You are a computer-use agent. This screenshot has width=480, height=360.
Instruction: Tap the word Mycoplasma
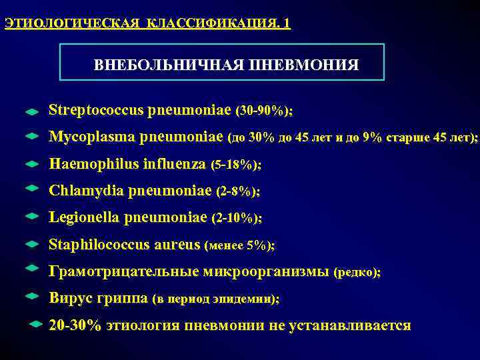point(91,137)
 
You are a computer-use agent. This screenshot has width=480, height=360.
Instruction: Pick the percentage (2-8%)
point(239,191)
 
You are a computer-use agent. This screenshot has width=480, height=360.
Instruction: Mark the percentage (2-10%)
point(236,219)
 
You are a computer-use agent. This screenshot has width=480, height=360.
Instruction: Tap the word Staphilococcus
point(99,245)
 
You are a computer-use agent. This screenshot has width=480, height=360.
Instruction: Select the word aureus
point(176,245)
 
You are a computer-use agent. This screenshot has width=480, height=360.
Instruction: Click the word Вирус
point(67,299)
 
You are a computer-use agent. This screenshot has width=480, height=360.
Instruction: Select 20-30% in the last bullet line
point(75,325)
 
